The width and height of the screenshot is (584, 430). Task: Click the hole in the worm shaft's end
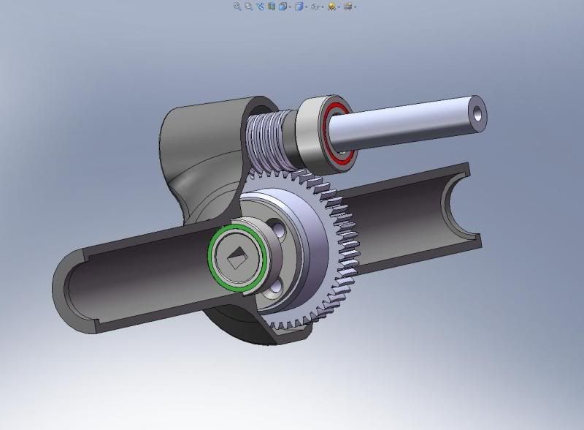point(477,112)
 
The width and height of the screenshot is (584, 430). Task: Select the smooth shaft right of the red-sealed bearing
point(409,123)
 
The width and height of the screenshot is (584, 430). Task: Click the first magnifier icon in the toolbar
point(237,6)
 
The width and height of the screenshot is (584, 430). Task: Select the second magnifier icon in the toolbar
point(249,6)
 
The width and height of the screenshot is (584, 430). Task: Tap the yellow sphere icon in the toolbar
point(331,6)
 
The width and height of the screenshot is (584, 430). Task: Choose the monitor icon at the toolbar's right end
point(348,6)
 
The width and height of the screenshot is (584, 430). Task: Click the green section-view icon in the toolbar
point(272,6)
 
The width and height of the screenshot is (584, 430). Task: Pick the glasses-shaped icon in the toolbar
point(315,6)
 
